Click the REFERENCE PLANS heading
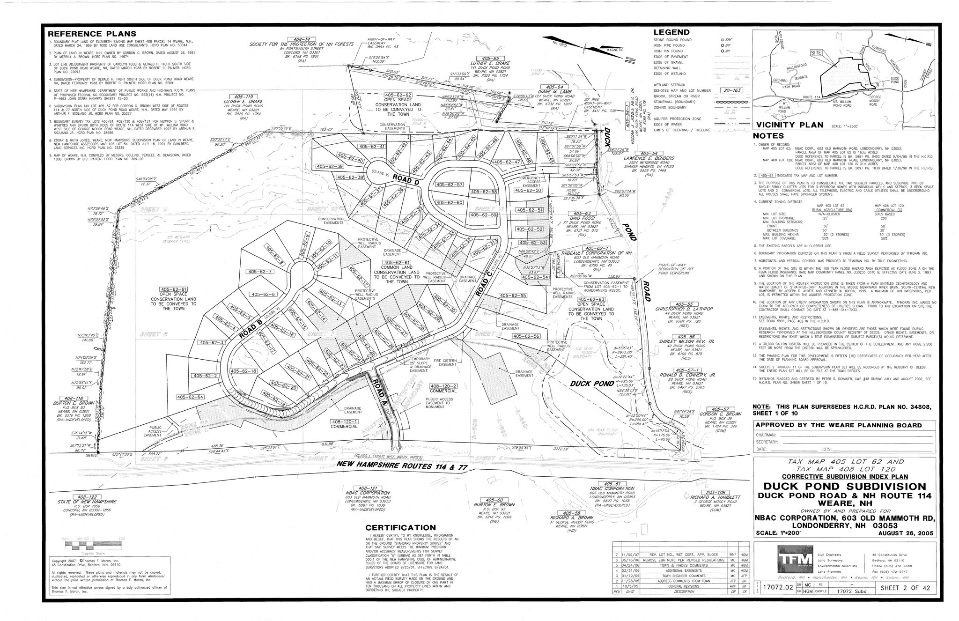click(92, 34)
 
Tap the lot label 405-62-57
click(449, 185)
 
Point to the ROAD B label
click(251, 328)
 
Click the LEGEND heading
click(671, 32)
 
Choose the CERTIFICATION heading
click(400, 528)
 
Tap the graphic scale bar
click(94, 545)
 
